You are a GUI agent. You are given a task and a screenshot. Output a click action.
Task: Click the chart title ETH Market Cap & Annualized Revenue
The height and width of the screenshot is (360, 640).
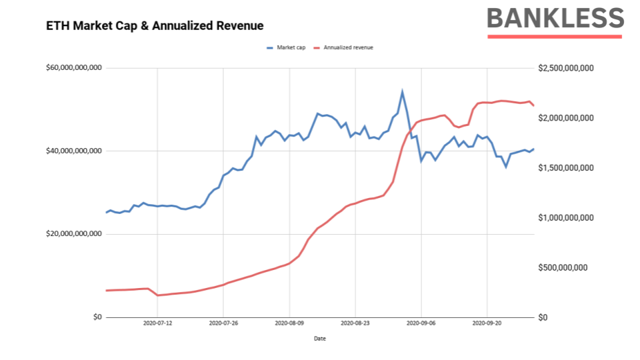155,26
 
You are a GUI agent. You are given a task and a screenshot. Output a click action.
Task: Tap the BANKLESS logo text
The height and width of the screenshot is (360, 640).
555,19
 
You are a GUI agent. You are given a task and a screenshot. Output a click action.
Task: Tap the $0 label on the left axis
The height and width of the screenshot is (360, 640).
97,317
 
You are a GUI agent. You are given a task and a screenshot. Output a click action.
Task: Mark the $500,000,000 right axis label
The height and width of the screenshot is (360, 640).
565,268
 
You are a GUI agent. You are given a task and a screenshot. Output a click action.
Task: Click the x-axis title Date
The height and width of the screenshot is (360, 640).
320,338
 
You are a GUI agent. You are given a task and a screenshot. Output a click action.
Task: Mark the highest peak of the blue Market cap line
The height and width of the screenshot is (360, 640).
402,91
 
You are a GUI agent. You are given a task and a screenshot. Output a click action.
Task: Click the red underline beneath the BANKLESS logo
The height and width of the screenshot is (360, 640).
555,36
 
